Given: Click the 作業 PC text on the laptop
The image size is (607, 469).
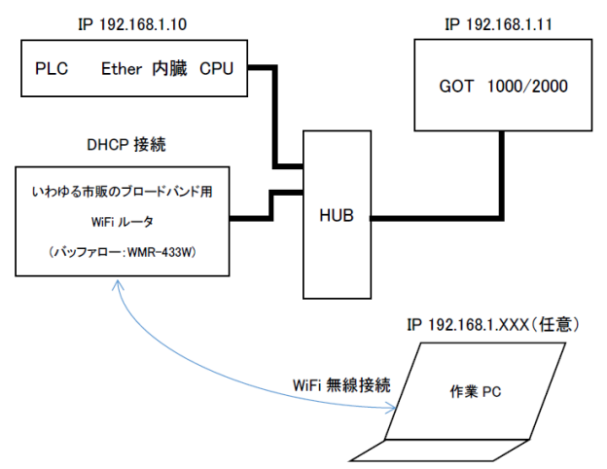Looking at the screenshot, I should point(476,390).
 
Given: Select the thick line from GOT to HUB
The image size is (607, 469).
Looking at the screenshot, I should point(438,216).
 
